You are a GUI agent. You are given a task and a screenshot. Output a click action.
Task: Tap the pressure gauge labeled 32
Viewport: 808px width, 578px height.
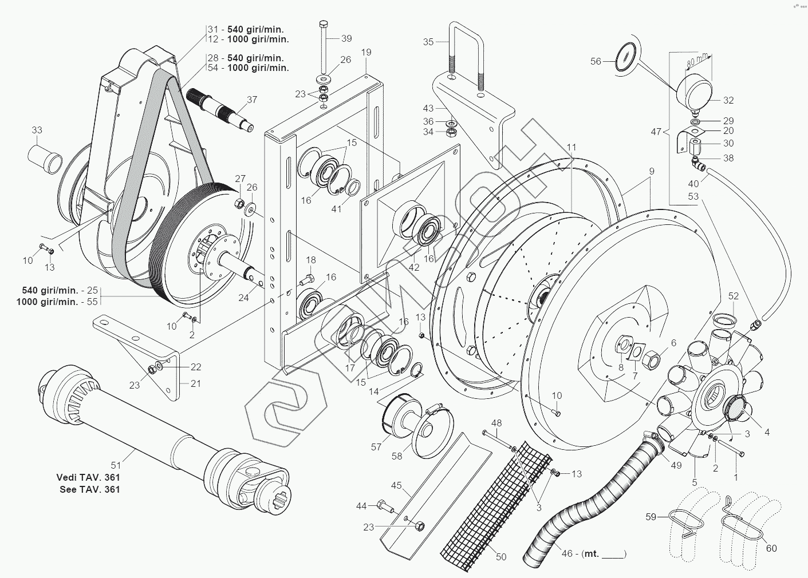point(693,92)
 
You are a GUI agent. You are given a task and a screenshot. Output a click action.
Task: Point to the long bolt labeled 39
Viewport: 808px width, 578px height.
point(323,47)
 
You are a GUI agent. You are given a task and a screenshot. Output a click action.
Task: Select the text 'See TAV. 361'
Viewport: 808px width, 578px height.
point(89,489)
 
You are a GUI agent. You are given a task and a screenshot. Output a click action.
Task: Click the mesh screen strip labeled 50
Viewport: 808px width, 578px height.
point(496,505)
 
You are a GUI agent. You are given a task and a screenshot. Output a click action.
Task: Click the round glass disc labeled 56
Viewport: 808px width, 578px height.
point(628,58)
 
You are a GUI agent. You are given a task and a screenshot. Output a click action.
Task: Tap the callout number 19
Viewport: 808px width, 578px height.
point(366,52)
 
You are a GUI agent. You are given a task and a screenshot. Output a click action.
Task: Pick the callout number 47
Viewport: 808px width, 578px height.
point(656,132)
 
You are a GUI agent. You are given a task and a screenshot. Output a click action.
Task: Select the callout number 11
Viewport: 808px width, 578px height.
point(571,148)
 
